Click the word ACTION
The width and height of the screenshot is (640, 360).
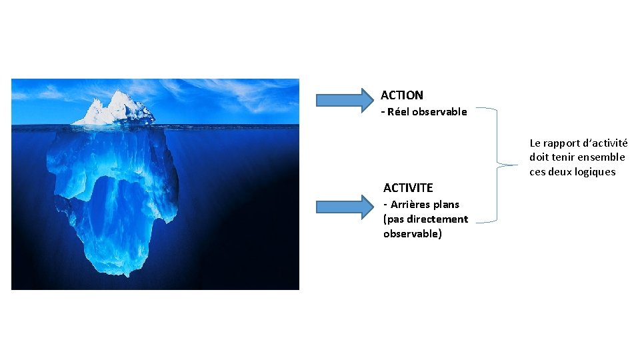click(401, 95)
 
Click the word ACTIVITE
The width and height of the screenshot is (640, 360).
click(408, 188)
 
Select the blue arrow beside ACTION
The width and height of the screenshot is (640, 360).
click(344, 100)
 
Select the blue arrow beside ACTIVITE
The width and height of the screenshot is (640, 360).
click(344, 207)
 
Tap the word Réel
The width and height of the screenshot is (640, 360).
click(398, 112)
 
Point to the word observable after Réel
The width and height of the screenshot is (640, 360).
click(439, 112)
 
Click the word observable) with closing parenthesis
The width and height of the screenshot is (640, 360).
click(412, 234)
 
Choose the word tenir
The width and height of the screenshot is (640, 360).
click(566, 157)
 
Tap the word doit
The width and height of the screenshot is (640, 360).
click(539, 157)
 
